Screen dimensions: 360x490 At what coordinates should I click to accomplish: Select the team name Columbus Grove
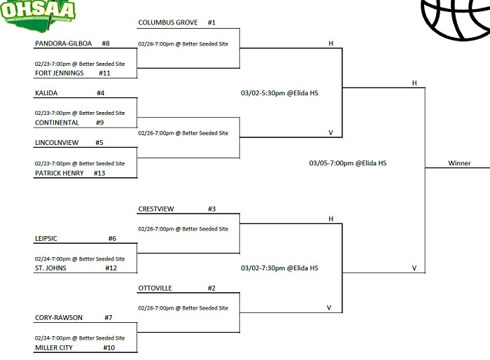[x=167, y=22]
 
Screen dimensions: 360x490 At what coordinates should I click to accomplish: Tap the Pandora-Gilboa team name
[x=63, y=43]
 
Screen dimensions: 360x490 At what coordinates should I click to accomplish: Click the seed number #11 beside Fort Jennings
[x=104, y=73]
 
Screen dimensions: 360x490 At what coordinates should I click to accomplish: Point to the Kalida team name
[x=46, y=92]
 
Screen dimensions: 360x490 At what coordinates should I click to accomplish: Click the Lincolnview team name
[x=57, y=143]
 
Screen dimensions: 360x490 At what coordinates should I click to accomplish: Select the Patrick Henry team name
[x=59, y=173]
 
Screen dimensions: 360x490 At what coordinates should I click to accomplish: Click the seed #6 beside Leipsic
[x=112, y=239]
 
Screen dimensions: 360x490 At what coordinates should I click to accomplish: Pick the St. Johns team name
[x=50, y=268]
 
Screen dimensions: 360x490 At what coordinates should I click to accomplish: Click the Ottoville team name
[x=155, y=288]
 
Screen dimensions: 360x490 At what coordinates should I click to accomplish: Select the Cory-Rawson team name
[x=59, y=317]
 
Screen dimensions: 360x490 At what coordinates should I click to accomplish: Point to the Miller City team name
[x=55, y=347]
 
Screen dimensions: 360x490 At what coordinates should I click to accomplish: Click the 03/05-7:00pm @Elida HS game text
[x=348, y=163]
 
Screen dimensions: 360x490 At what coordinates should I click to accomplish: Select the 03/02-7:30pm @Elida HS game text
[x=279, y=268]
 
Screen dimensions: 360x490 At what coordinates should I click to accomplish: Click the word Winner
[x=459, y=163]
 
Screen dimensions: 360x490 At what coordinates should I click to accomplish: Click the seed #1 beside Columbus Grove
[x=212, y=22]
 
